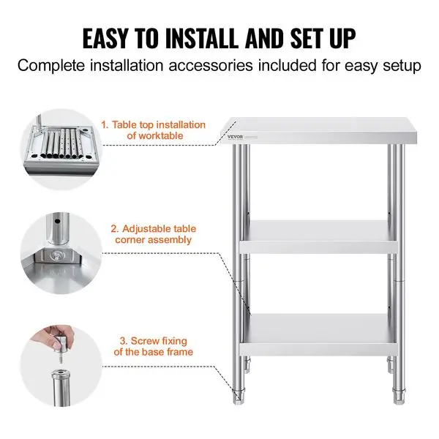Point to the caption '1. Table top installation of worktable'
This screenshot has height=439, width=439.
click(x=154, y=130)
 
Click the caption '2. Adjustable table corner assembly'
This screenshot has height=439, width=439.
click(x=153, y=234)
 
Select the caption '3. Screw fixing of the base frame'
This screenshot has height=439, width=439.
click(x=153, y=346)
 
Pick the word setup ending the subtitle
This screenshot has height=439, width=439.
click(x=402, y=66)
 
